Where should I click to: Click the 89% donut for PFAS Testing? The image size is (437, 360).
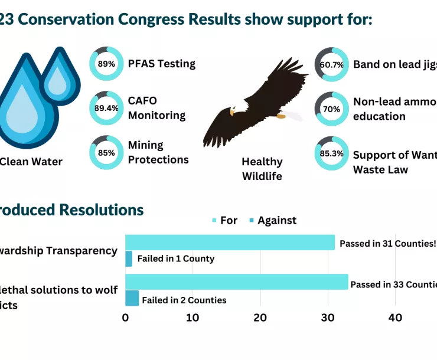click(x=106, y=64)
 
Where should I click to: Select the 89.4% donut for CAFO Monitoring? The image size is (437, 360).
click(x=106, y=108)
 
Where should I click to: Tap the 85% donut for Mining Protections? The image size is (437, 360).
click(x=106, y=152)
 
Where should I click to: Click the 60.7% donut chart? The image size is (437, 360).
click(x=331, y=65)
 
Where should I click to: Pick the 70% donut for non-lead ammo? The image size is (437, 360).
click(x=331, y=109)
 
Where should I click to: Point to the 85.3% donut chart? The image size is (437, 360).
click(x=331, y=153)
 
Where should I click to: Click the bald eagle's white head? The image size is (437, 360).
click(x=234, y=110)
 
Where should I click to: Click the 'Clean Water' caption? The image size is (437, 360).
click(x=31, y=162)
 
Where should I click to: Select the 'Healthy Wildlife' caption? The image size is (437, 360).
click(x=262, y=169)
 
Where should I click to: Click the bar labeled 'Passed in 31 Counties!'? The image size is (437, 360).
click(x=230, y=243)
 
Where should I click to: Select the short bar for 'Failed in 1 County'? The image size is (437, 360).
click(x=129, y=258)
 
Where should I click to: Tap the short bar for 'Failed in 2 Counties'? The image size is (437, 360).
click(x=132, y=298)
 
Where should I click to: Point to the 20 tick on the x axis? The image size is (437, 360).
click(x=260, y=318)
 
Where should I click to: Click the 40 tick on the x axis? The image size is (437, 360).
click(x=395, y=318)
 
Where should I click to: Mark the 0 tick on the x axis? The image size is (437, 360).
click(x=125, y=318)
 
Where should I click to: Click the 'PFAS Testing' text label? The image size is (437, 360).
click(x=161, y=64)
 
